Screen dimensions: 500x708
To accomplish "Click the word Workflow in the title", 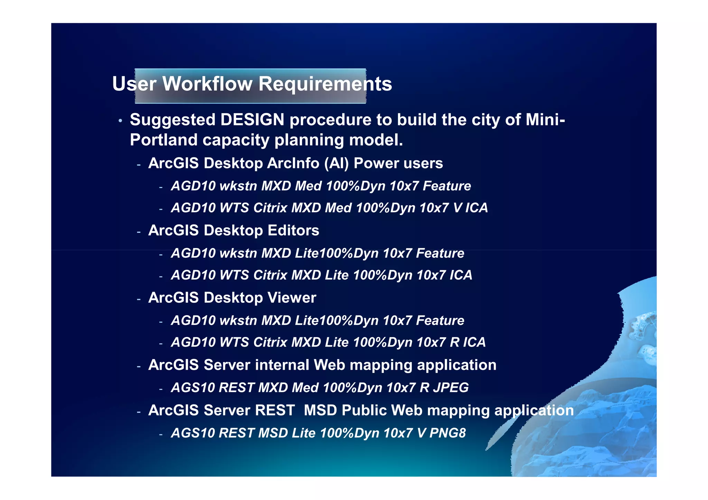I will click(x=207, y=84).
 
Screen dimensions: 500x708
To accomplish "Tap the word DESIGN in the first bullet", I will click(x=252, y=120).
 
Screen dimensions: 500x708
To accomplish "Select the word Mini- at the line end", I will click(x=545, y=120).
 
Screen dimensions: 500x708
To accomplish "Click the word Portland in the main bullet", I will click(x=163, y=140).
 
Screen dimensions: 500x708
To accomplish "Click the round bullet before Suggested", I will click(x=120, y=121).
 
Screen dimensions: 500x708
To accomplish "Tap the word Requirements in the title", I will click(x=325, y=84).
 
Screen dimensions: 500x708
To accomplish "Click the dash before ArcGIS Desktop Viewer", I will click(x=139, y=299).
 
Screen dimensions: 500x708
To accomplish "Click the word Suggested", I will click(x=173, y=120).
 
